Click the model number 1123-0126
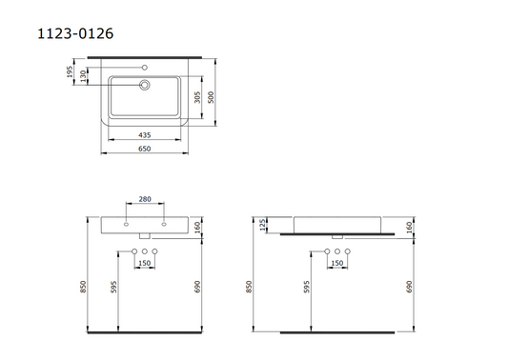click(x=75, y=33)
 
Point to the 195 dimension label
click(x=70, y=71)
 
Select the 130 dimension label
click(x=84, y=76)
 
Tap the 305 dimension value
click(x=197, y=97)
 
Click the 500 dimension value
click(x=211, y=97)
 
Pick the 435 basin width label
click(x=145, y=135)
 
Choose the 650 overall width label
click(x=145, y=149)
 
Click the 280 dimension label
click(x=145, y=199)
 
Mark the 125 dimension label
click(x=263, y=225)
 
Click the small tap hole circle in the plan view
click(x=145, y=68)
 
